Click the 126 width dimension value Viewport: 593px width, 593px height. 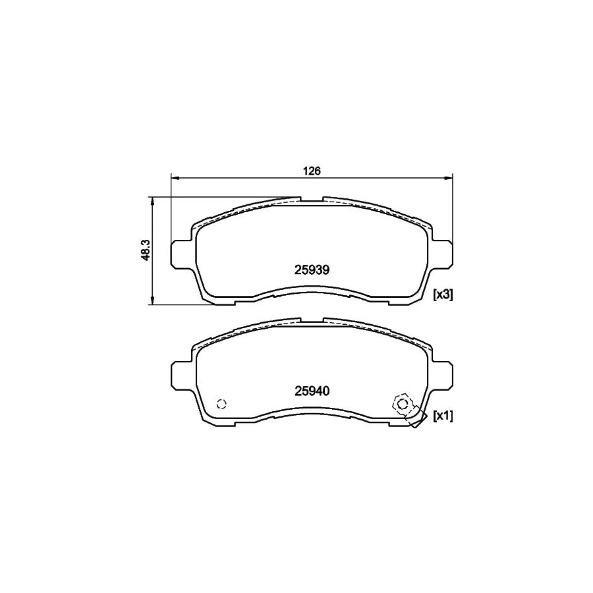312,171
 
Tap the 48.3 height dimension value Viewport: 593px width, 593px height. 147,251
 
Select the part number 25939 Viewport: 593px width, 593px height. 312,269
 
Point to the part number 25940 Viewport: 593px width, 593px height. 312,390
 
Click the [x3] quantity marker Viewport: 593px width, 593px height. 442,295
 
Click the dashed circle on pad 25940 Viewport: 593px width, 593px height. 221,404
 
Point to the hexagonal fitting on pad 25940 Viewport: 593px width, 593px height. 401,403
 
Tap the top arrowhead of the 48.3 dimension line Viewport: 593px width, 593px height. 153,200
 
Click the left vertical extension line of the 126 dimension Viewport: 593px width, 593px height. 171,211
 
